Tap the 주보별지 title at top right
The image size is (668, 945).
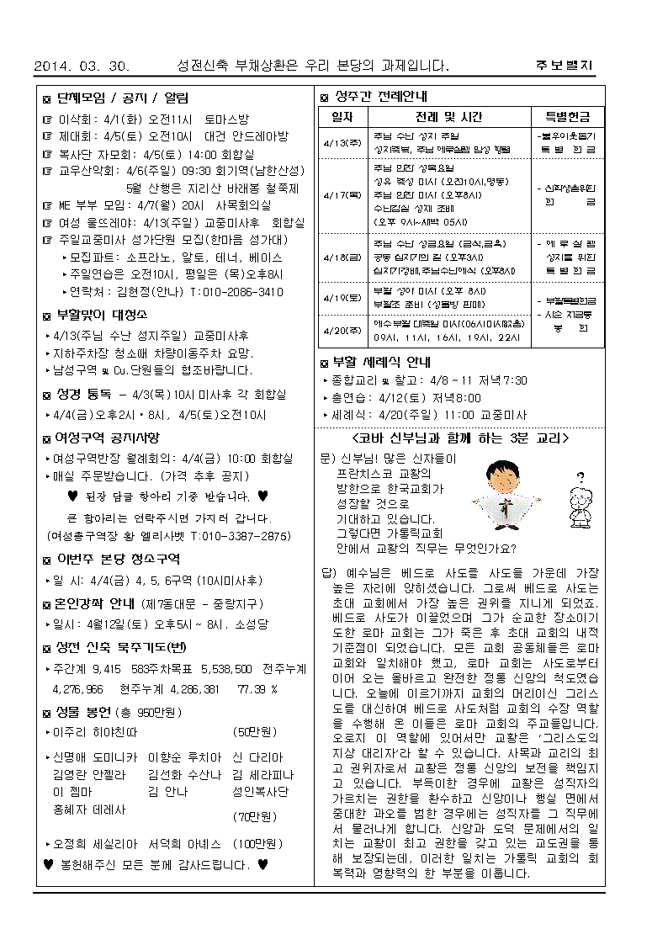click(564, 66)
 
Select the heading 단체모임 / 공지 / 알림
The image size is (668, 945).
click(122, 98)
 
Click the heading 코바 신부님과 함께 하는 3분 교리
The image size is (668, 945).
click(459, 438)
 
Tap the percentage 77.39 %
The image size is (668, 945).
click(257, 688)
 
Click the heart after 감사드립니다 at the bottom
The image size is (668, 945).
click(262, 864)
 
